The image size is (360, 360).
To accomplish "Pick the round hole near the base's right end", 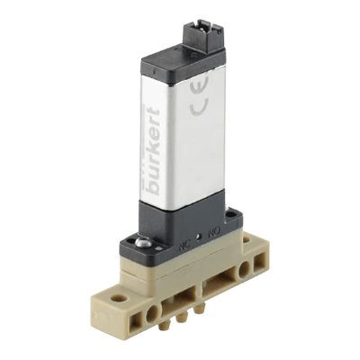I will click(x=244, y=270).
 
